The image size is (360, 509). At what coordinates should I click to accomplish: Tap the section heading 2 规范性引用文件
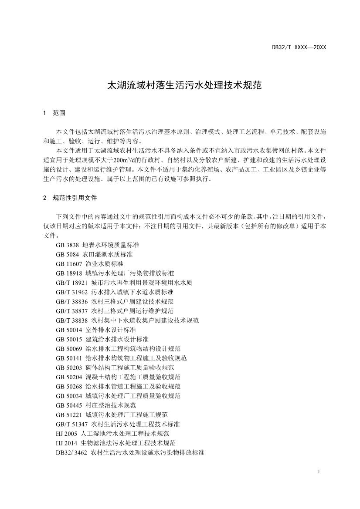coord(70,198)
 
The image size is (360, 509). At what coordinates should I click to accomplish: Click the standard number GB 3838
coord(67,245)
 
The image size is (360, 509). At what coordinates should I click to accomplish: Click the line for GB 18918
coord(115,273)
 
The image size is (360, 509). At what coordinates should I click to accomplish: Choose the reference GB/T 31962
coord(114,292)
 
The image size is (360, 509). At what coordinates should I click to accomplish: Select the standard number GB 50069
coord(69,348)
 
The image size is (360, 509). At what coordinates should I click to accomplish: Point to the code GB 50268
coord(69,386)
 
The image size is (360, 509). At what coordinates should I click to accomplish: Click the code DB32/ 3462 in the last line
coord(71,452)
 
